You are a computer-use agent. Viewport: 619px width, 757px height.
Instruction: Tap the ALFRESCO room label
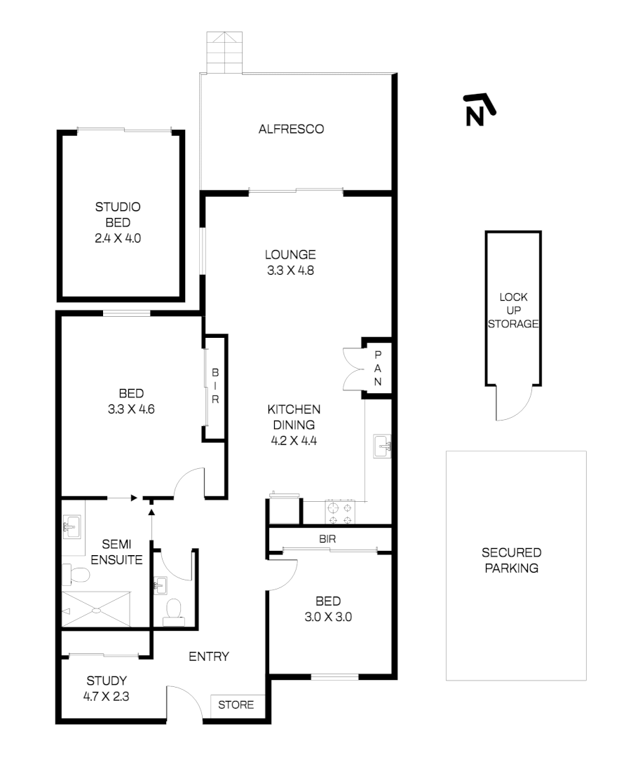[291, 129]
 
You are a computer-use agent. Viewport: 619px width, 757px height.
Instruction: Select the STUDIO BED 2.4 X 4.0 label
[118, 222]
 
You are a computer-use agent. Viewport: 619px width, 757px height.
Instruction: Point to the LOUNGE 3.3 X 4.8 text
[290, 262]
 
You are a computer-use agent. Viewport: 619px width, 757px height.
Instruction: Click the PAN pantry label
[377, 369]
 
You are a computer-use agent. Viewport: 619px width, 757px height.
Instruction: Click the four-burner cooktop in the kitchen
[341, 513]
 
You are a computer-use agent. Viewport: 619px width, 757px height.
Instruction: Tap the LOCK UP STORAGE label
[513, 311]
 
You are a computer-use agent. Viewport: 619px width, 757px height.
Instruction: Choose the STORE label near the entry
[236, 705]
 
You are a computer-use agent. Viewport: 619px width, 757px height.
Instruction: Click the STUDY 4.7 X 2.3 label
[107, 688]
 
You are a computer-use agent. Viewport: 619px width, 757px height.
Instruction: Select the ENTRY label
[209, 657]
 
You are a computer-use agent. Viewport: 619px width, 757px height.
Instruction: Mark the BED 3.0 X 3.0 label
[327, 609]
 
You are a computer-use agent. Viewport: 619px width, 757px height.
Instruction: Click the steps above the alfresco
[224, 52]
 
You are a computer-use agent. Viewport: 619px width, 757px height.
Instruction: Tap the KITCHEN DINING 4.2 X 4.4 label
[294, 425]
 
